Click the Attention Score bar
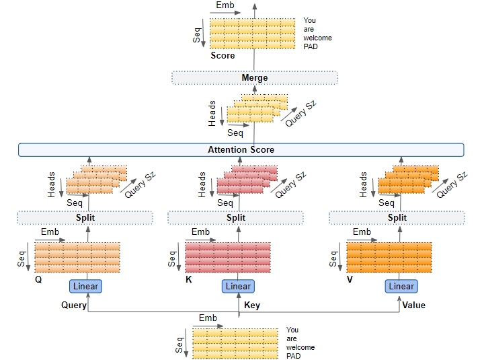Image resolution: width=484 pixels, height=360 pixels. click(241, 149)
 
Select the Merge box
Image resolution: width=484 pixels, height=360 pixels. click(254, 78)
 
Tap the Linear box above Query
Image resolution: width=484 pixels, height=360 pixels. click(85, 286)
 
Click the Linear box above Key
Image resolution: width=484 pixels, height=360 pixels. click(238, 286)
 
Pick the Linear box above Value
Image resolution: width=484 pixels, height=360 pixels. click(401, 286)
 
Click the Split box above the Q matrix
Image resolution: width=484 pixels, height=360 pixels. click(85, 217)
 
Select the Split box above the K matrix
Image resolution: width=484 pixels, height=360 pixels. click(236, 217)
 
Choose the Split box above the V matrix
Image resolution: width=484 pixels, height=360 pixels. click(397, 217)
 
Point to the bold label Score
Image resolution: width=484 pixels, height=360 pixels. click(223, 56)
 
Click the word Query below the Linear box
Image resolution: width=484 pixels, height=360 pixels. click(74, 305)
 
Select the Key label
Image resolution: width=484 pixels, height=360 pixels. click(252, 305)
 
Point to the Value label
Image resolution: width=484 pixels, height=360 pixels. click(413, 305)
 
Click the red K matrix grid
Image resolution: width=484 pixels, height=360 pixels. click(227, 258)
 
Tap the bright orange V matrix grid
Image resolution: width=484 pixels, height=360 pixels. click(389, 258)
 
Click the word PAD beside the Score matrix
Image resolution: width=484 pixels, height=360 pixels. click(310, 47)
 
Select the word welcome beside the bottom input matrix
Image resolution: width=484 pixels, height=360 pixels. click(299, 347)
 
